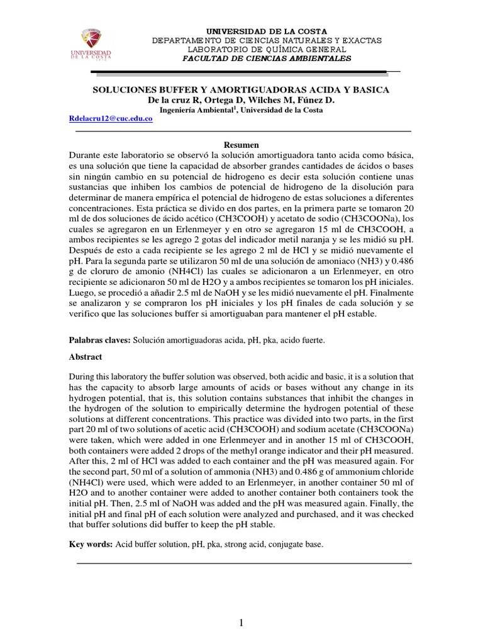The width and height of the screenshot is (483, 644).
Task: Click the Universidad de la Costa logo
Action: click(x=96, y=45)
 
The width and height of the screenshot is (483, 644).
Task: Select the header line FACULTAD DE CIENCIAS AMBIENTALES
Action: click(x=267, y=58)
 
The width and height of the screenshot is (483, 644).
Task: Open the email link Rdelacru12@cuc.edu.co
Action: click(x=110, y=118)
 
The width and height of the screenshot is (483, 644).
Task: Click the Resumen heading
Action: click(x=242, y=144)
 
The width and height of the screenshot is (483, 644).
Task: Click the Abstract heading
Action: click(x=86, y=356)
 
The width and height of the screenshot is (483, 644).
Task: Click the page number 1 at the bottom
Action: click(x=241, y=623)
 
